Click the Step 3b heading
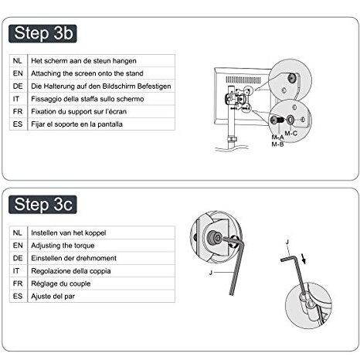[42, 33]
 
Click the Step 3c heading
[42, 205]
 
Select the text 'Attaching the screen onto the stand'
[87, 73]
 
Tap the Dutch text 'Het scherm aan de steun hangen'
[83, 61]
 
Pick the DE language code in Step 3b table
[18, 86]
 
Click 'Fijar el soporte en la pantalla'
[76, 124]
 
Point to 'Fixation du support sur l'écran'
[79, 111]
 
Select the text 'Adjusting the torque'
[63, 246]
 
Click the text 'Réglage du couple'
[61, 284]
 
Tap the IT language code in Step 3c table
[16, 271]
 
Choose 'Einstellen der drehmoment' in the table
[73, 258]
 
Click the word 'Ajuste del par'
[53, 296]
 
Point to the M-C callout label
[291, 134]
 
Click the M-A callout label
[277, 138]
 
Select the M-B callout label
[277, 144]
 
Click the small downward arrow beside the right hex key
[304, 258]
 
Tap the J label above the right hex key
[287, 242]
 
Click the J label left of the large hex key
[211, 273]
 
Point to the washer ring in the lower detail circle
[290, 120]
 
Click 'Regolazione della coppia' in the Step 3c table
[71, 271]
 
